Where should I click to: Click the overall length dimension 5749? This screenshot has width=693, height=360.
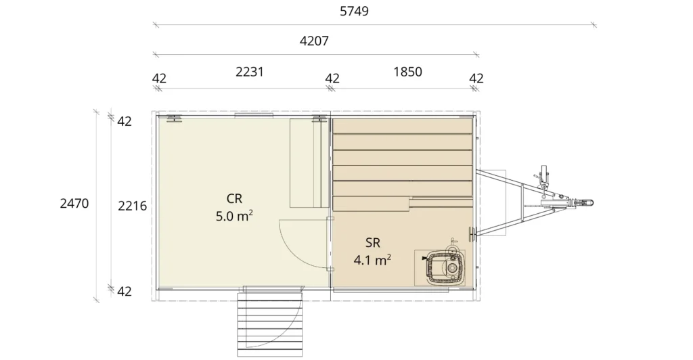(x=354, y=11)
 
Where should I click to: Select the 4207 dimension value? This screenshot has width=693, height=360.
(x=314, y=41)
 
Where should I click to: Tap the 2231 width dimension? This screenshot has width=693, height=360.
(x=249, y=72)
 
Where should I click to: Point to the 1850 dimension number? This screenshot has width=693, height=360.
(x=407, y=72)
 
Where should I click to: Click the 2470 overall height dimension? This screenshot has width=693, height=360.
(x=74, y=204)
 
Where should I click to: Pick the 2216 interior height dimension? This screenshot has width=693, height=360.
(x=132, y=206)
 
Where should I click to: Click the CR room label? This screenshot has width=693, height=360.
(x=234, y=199)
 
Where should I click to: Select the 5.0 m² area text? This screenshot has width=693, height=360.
(x=234, y=217)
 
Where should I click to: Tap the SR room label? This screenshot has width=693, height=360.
(x=373, y=242)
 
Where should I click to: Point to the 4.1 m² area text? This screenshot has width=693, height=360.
(x=372, y=260)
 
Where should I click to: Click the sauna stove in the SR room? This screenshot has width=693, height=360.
(x=441, y=267)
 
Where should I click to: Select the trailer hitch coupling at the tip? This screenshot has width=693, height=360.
(x=584, y=203)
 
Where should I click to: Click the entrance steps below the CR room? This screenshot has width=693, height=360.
(x=270, y=323)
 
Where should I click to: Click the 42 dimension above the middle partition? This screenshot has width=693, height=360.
(x=332, y=78)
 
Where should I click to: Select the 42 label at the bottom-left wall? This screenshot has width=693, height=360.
(x=125, y=292)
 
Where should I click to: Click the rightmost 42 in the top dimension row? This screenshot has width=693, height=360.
(x=476, y=78)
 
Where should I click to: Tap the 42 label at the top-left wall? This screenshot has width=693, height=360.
(x=125, y=122)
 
